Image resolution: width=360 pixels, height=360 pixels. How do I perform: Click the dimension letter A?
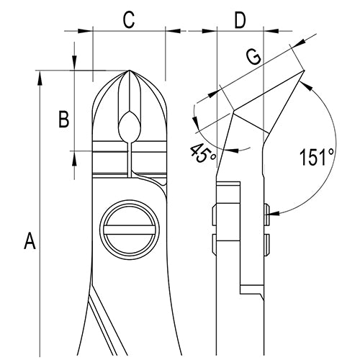30,240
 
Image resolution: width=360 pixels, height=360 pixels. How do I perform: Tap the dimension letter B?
63,119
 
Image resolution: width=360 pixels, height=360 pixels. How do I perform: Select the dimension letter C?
128,20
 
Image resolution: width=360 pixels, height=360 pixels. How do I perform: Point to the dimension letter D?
240,20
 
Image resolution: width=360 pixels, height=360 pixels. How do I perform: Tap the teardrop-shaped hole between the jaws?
129,127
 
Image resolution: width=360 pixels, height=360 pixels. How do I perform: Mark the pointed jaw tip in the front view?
129,72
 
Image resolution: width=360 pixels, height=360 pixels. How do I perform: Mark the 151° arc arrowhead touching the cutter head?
305,85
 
